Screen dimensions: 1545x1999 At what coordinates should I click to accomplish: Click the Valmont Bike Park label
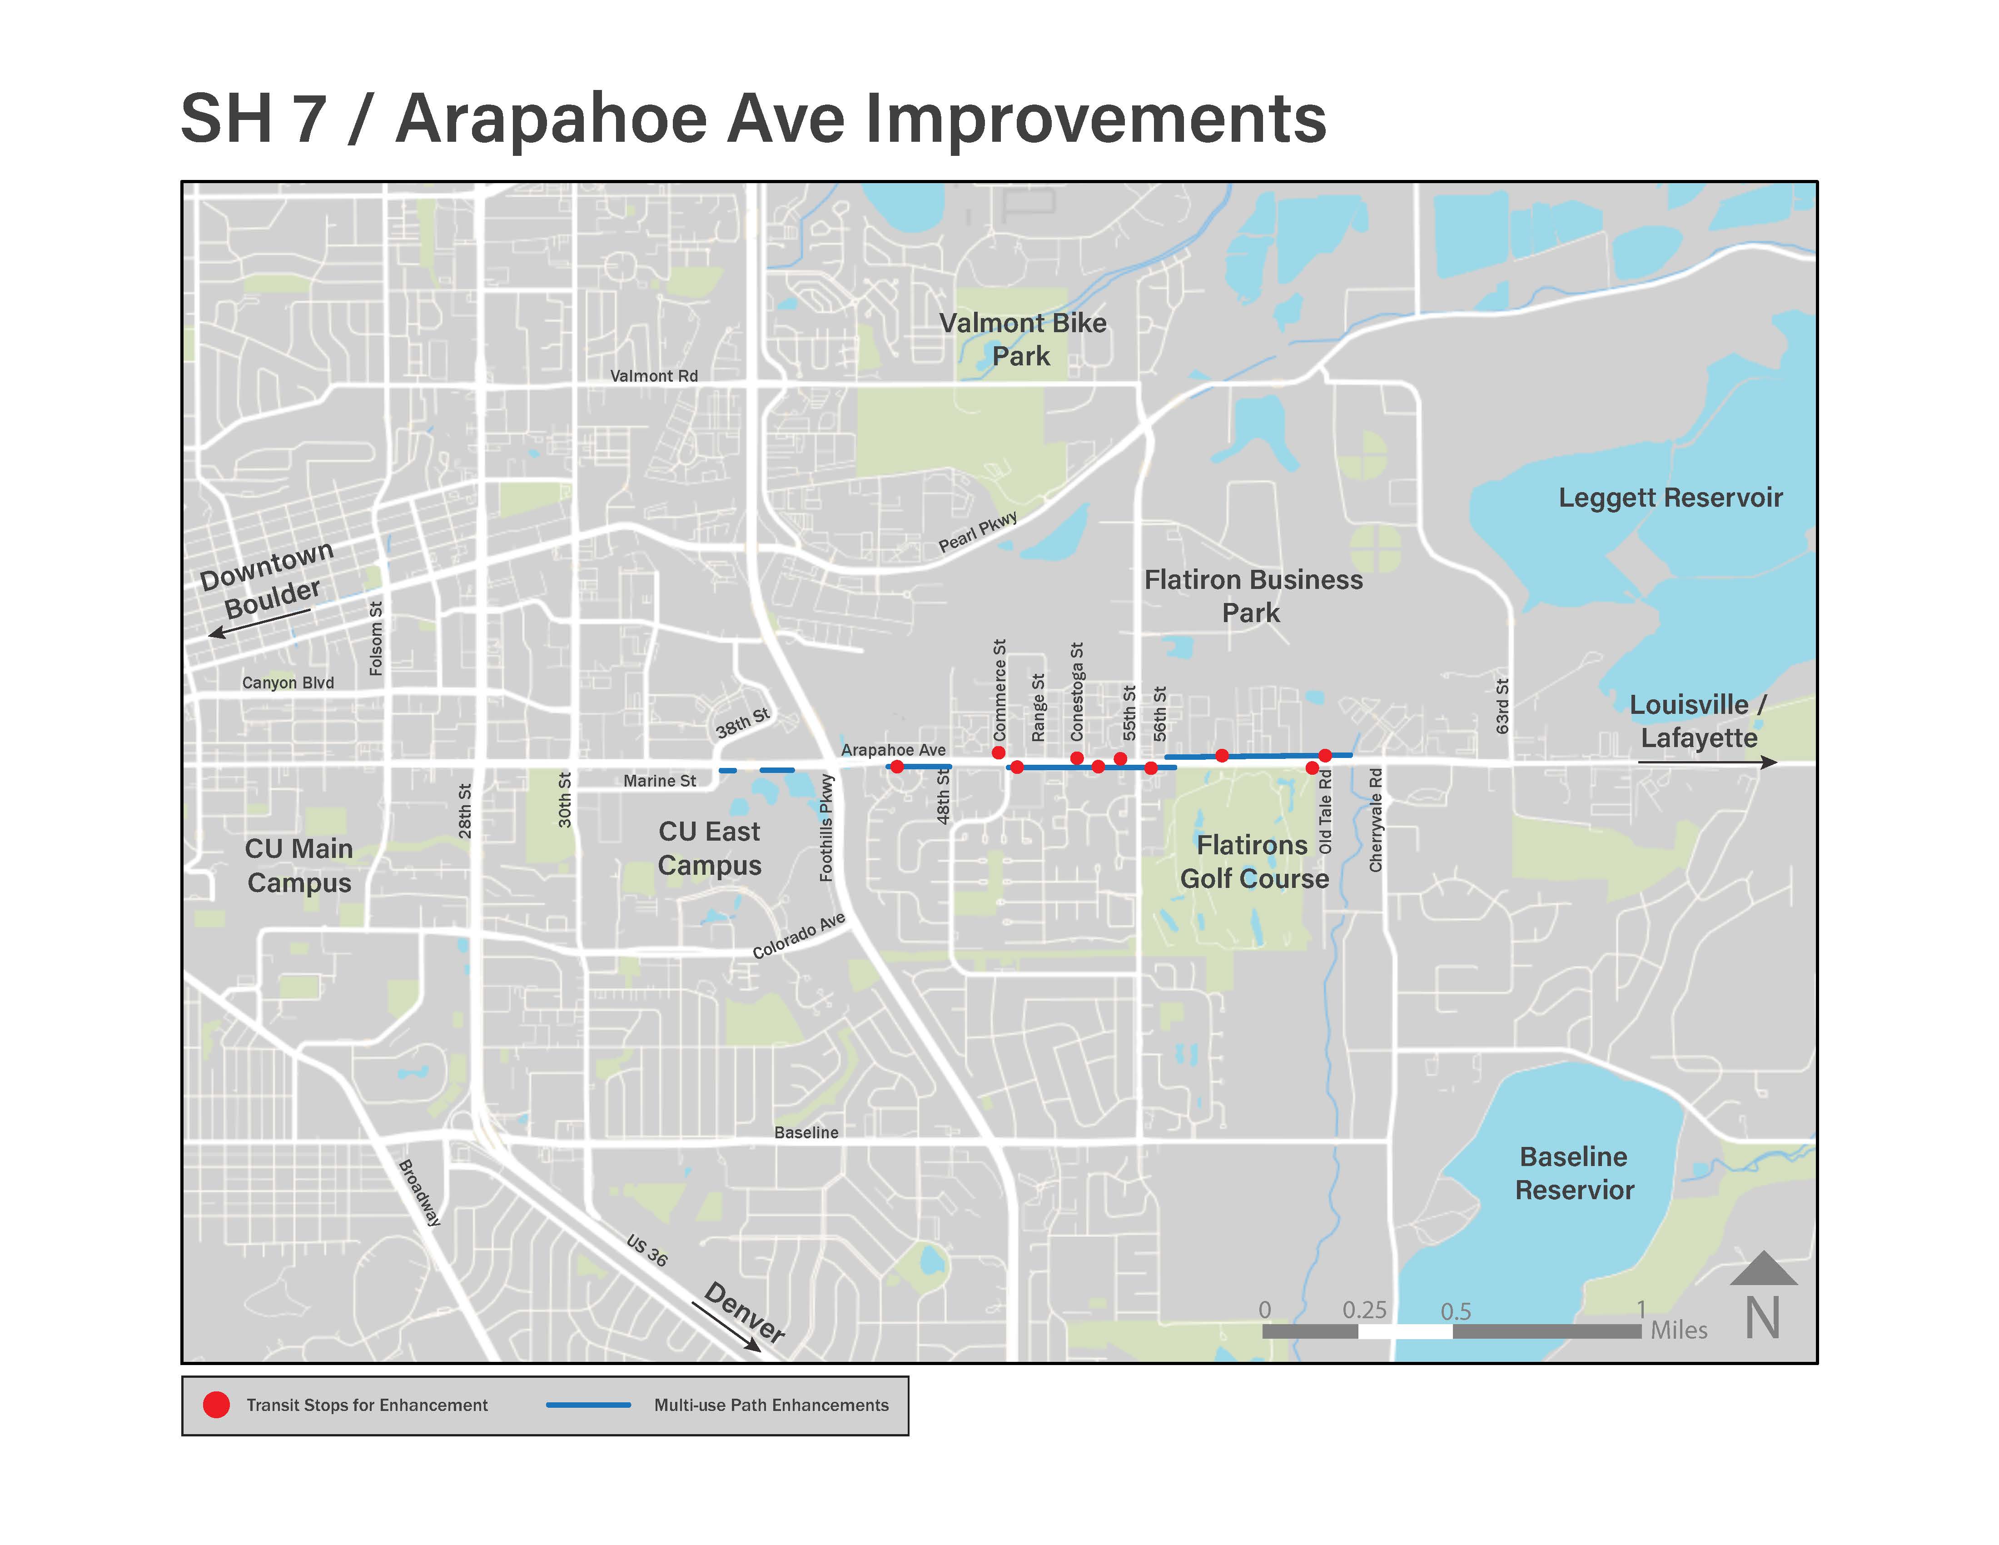coord(1022,339)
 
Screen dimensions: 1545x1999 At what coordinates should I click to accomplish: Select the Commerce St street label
coord(999,690)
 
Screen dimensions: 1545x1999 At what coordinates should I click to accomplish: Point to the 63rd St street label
coord(1502,706)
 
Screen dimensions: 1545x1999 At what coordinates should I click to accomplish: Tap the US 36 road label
coord(647,1250)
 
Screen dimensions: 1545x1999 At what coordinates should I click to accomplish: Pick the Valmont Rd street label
coord(653,376)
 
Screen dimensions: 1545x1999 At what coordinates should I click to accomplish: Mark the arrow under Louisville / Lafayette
coord(1707,762)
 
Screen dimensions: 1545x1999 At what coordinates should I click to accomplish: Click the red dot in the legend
coord(216,1405)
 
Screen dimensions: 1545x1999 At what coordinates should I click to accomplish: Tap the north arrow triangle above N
coord(1763,1271)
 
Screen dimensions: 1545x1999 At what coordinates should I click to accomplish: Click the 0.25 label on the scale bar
coord(1364,1310)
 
